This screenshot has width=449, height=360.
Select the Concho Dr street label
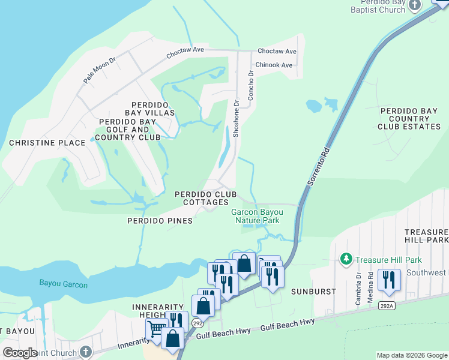[252, 82]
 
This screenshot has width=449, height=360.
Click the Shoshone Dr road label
[236, 118]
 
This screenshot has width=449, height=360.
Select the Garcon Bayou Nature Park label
[256, 216]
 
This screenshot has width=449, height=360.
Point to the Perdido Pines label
[160, 221]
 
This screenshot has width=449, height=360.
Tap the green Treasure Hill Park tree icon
[346, 259]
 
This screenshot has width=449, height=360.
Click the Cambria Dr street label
[358, 289]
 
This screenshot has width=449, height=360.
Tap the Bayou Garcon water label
[64, 283]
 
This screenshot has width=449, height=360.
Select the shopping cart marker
[156, 328]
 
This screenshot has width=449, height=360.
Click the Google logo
[20, 353]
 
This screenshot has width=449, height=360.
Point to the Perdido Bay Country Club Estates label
[410, 119]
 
